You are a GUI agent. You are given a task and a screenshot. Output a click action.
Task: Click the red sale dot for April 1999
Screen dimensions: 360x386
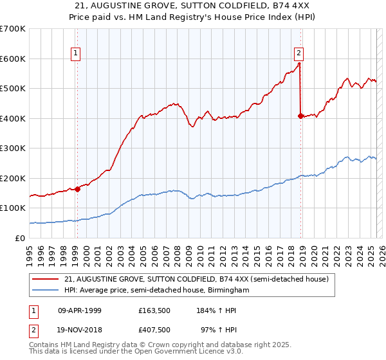(77, 189)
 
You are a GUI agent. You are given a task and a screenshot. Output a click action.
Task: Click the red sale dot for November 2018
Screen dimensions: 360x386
(300, 116)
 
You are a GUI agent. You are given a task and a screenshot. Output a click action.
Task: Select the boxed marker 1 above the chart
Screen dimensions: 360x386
(76, 53)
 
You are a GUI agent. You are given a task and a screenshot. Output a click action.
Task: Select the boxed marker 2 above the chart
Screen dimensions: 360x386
(299, 53)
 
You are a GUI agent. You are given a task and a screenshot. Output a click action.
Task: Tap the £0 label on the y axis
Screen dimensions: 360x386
(21, 238)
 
